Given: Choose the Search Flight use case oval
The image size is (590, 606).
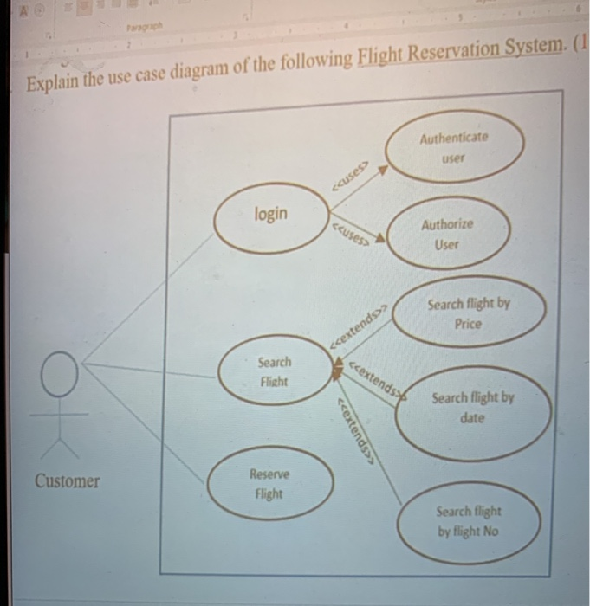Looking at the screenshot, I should click(x=275, y=371).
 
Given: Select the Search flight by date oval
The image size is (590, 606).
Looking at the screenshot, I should click(x=473, y=408).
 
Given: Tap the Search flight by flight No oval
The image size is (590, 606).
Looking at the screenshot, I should click(x=469, y=521).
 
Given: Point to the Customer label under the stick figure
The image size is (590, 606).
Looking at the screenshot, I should click(x=68, y=481).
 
